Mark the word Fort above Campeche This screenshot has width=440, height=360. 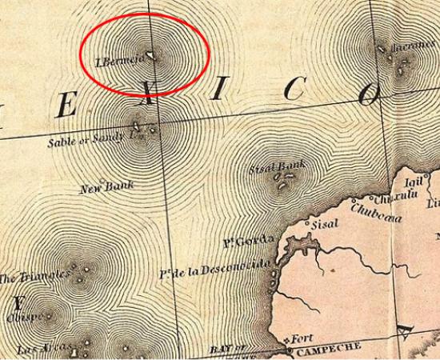click(x=302, y=338)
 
